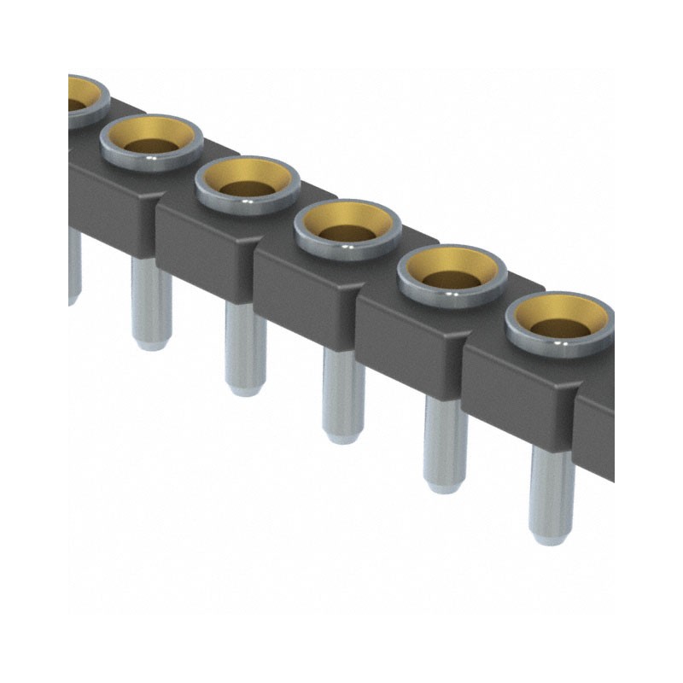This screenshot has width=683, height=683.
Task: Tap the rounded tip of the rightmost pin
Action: pos(551,537)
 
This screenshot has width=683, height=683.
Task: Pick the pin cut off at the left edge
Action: pos(73,265)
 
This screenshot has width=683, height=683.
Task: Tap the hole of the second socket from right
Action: pos(452,280)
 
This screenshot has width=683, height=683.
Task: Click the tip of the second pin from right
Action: pos(446,486)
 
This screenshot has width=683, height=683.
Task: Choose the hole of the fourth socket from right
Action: pos(248,186)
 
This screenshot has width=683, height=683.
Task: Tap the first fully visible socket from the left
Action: pos(152,141)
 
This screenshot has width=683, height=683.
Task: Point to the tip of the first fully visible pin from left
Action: pos(151,343)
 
